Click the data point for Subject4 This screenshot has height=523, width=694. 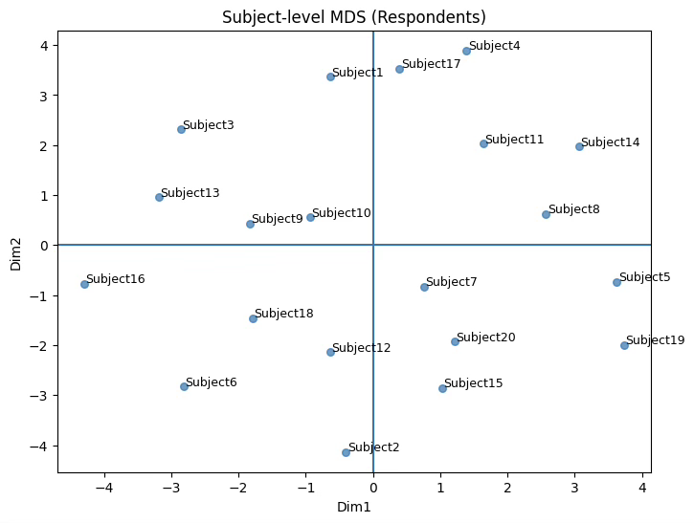(x=466, y=51)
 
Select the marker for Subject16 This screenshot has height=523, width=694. (x=84, y=284)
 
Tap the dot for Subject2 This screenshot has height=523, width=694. (x=346, y=452)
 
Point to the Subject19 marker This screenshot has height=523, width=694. (x=624, y=345)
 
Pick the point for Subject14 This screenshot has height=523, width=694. (x=579, y=146)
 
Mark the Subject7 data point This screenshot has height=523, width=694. (x=424, y=287)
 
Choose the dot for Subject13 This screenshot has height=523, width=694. (x=159, y=197)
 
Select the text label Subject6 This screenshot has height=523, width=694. (x=212, y=382)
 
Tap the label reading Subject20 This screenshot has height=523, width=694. (x=486, y=338)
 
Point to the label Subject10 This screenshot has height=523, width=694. (x=342, y=213)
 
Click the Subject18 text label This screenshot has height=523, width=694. (x=284, y=314)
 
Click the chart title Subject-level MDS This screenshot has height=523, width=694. (x=354, y=17)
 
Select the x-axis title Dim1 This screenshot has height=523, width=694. (x=354, y=507)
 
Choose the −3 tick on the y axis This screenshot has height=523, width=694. (x=42, y=396)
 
